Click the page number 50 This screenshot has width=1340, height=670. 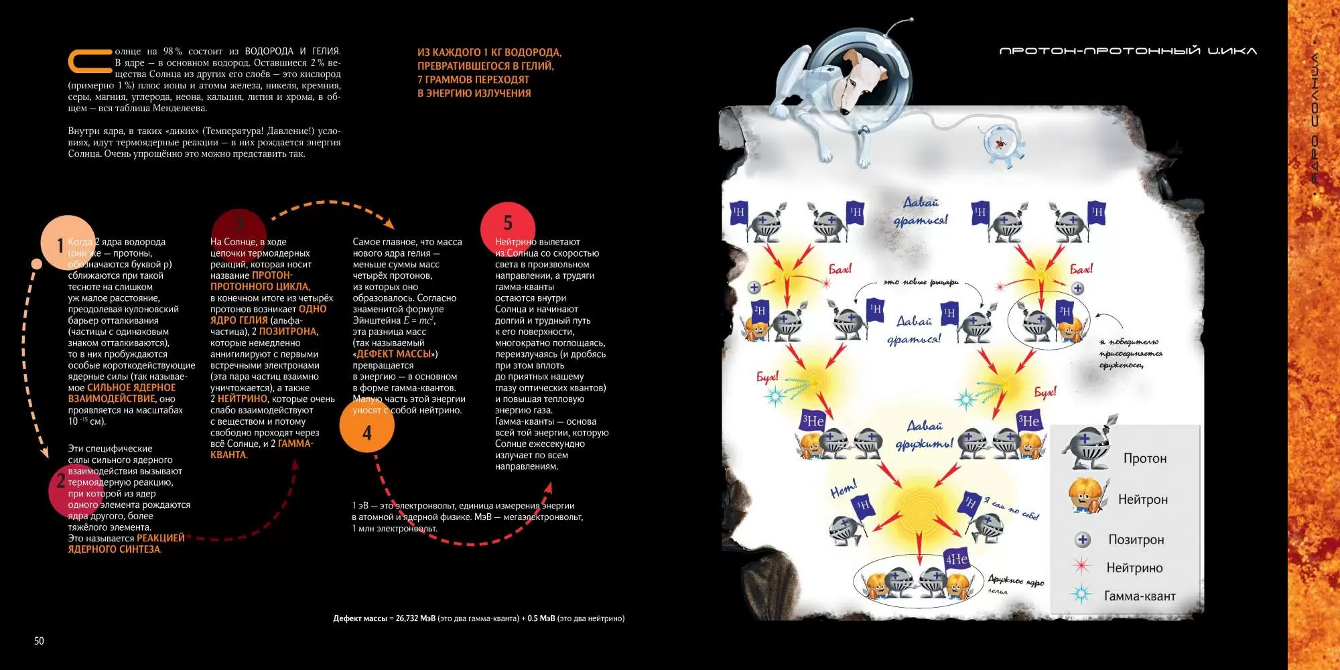[x=39, y=641]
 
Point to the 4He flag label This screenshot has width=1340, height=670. [x=956, y=559]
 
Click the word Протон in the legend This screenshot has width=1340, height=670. [x=1144, y=459]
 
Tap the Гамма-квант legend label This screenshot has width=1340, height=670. [x=1140, y=596]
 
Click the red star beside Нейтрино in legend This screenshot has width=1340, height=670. [x=1081, y=567]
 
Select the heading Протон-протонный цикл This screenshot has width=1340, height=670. [x=1128, y=51]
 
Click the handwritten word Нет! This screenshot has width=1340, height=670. [x=844, y=489]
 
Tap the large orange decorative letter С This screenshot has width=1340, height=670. [x=88, y=61]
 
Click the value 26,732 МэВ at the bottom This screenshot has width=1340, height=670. [x=415, y=618]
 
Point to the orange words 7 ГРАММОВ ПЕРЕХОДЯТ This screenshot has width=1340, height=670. [x=473, y=80]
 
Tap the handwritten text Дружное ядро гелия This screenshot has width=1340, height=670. [x=1014, y=584]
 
